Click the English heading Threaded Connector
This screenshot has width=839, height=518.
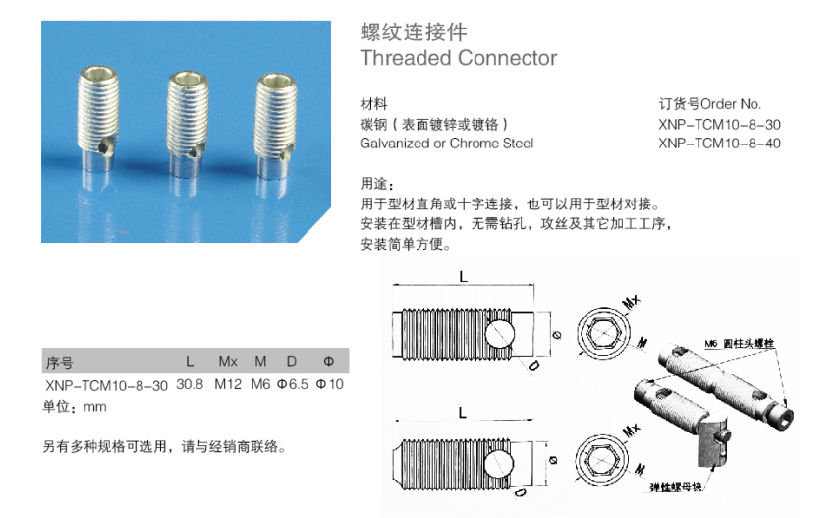click(x=458, y=58)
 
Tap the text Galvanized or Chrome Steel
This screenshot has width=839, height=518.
click(x=447, y=144)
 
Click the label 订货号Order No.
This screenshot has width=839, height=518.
click(x=709, y=104)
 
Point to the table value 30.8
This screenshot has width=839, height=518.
click(x=190, y=384)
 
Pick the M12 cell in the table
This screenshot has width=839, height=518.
click(x=227, y=384)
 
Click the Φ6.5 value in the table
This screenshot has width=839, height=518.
click(x=293, y=384)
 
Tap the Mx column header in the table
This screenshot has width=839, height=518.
click(x=227, y=361)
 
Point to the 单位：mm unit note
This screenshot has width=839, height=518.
click(x=75, y=405)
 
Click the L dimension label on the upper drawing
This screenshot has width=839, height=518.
click(x=462, y=277)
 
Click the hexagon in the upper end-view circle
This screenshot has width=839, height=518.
click(x=599, y=334)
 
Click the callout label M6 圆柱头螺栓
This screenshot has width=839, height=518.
click(x=740, y=343)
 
